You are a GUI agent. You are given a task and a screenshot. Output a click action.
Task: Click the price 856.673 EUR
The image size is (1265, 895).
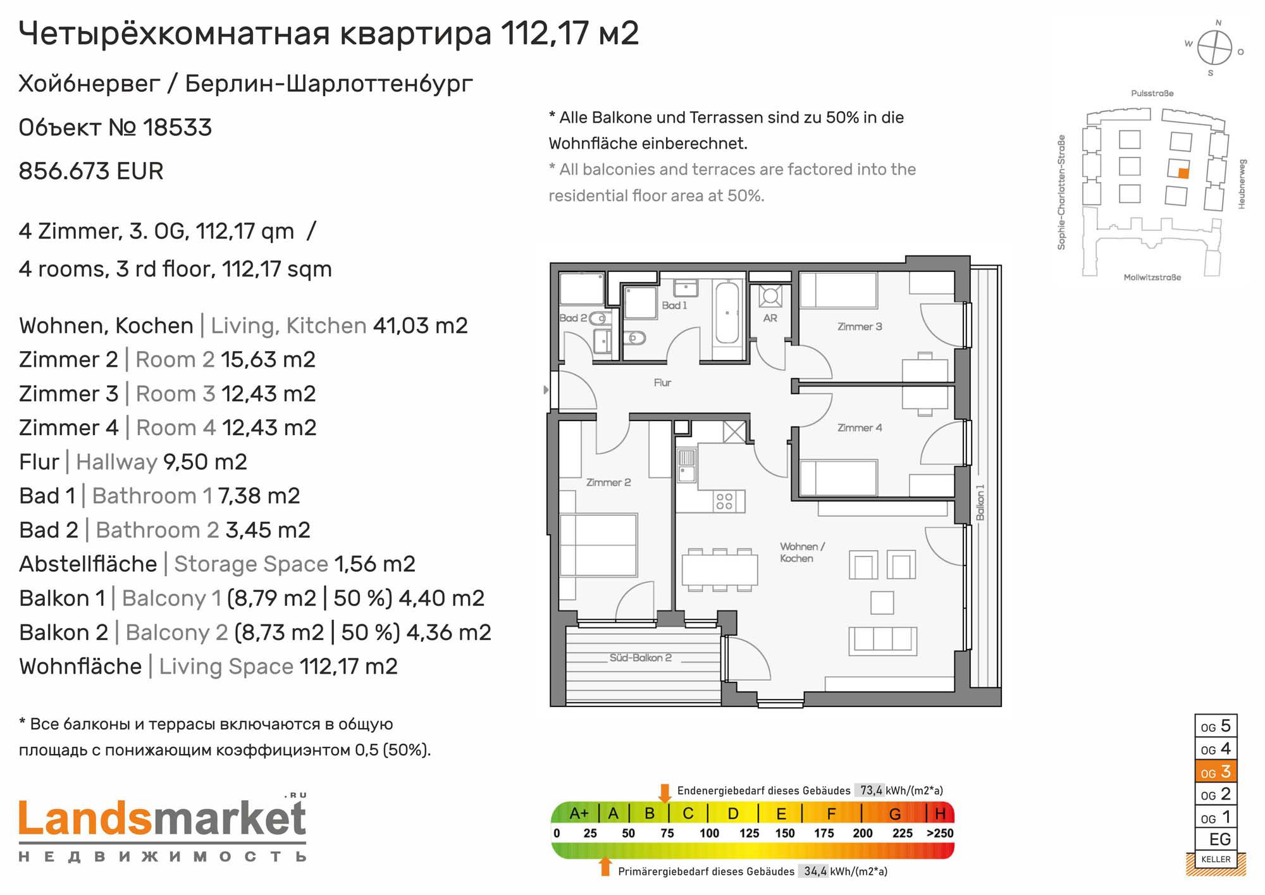pos(91,171)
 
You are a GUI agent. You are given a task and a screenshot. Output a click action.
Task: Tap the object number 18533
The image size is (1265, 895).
pos(177,128)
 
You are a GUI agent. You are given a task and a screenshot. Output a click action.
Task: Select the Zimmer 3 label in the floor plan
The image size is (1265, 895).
pos(860,326)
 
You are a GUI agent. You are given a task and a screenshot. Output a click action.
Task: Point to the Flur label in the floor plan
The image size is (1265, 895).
pos(662,383)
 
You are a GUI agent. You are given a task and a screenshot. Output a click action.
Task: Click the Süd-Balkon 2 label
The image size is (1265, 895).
pos(640,658)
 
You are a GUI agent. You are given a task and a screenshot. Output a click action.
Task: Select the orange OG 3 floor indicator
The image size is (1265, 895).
pos(1216,772)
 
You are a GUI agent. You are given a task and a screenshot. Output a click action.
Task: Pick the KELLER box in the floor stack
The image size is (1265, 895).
pos(1216,859)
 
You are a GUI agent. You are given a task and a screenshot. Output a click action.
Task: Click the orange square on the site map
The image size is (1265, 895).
pos(1183,173)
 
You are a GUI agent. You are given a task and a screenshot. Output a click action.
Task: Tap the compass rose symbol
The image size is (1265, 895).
pos(1214,48)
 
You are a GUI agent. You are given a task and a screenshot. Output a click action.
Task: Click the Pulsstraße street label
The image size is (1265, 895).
pos(1152,94)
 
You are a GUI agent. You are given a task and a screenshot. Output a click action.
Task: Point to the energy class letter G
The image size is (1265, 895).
pos(895,813)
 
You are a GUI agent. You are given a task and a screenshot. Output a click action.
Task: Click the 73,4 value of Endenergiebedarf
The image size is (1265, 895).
pos(871,790)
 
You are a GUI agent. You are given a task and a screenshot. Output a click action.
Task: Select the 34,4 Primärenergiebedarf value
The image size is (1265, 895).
pos(815,871)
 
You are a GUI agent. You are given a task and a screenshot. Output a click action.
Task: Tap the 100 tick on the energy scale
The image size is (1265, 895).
pos(709,833)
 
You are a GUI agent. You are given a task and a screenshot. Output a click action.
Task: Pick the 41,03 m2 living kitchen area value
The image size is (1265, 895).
pos(421,326)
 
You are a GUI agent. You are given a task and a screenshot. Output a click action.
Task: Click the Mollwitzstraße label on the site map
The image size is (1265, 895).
pos(1152,278)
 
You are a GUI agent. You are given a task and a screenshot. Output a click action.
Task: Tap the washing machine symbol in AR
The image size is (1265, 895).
pos(770,296)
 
